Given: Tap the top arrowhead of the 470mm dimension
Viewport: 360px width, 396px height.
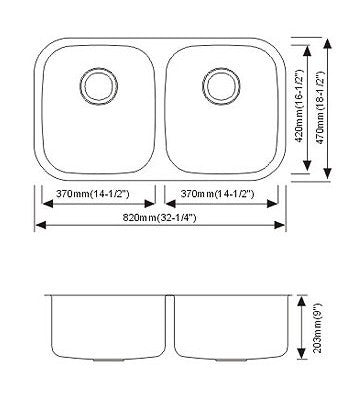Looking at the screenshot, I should (x=329, y=43).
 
